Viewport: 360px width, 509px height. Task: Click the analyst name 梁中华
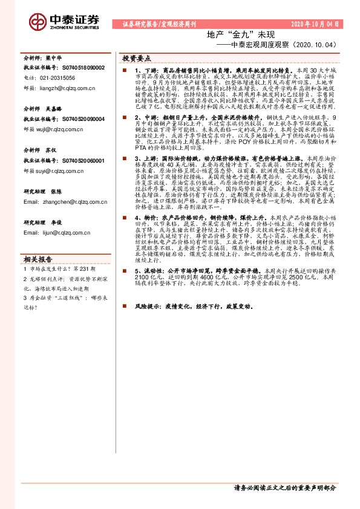coord(54,59)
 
